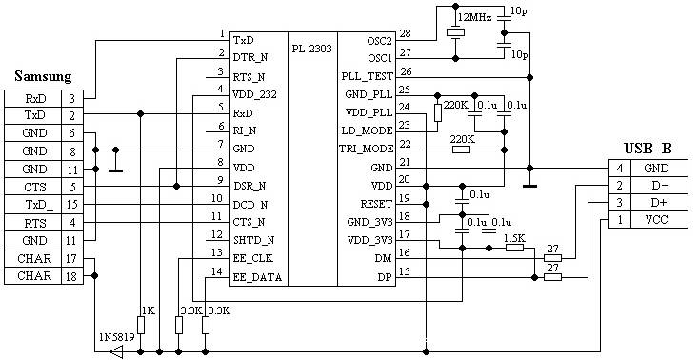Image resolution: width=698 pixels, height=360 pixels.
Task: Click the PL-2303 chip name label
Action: click(312, 49)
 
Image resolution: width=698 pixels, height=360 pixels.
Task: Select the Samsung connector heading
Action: click(43, 76)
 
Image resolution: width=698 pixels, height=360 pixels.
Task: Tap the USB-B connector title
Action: click(648, 149)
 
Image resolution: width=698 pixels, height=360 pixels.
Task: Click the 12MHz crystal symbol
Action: click(455, 32)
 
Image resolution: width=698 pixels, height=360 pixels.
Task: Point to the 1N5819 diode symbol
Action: click(116, 352)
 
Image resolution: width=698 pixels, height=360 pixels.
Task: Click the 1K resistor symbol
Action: click(141, 326)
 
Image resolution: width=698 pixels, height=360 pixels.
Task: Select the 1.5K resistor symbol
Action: click(514, 247)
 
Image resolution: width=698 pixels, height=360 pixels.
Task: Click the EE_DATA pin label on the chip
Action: click(257, 278)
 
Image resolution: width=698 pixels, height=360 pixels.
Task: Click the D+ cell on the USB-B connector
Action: click(659, 203)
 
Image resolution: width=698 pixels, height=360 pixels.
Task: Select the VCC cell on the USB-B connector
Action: click(659, 219)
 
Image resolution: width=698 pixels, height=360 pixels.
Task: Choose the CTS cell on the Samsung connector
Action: click(34, 187)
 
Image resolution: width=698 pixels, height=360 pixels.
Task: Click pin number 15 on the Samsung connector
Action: click(71, 205)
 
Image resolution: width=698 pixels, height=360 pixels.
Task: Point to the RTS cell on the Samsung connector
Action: click(34, 223)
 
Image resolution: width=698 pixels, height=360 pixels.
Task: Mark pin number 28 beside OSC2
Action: click(406, 34)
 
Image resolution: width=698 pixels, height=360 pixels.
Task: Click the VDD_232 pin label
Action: click(254, 95)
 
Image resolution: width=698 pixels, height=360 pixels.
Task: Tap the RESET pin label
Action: click(376, 204)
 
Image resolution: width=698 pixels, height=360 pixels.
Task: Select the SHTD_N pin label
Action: click(253, 241)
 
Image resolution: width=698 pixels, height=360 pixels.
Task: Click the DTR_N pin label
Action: click(251, 58)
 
